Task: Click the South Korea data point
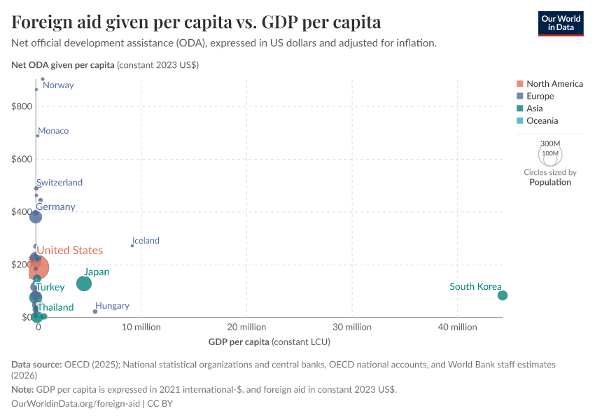[x=502, y=295]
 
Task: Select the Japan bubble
[x=84, y=283]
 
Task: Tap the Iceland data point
[x=132, y=246]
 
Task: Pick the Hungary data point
[x=95, y=311]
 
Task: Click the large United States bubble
[x=35, y=267]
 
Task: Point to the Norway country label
[x=58, y=85]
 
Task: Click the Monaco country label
[x=53, y=131]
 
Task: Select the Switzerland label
[x=59, y=183]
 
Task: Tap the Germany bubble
[x=36, y=217]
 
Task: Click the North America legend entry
[x=554, y=84]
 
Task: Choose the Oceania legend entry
[x=542, y=120]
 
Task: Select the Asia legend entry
[x=534, y=108]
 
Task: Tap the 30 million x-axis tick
[x=352, y=327]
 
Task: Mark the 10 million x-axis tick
[x=141, y=327]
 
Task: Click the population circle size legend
[x=550, y=153]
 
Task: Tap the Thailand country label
[x=55, y=307]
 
